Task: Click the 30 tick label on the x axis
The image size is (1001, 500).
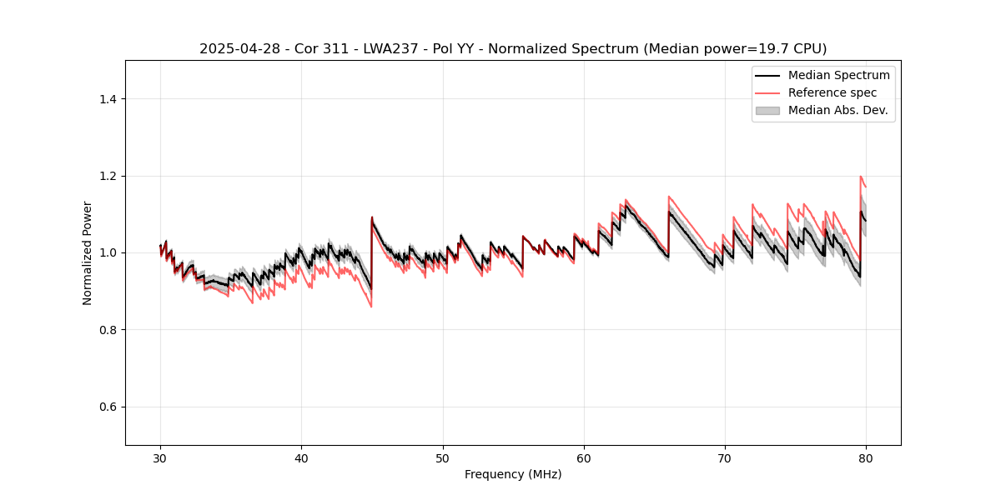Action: tap(161, 457)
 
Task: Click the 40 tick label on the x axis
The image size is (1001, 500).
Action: tap(302, 457)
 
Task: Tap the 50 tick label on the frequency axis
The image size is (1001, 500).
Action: tap(443, 457)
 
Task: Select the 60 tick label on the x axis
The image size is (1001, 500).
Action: tap(584, 457)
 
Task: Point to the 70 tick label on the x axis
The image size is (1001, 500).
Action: tap(725, 457)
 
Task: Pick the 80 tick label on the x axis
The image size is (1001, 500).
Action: tap(866, 457)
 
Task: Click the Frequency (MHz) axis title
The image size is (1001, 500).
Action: tap(513, 474)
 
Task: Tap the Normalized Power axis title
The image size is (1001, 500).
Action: tap(88, 252)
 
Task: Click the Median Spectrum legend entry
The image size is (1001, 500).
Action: tap(838, 75)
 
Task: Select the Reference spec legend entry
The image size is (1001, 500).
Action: tap(832, 92)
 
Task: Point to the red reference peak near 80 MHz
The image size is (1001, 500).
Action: tap(861, 177)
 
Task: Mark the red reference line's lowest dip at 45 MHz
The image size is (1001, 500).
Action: tap(371, 307)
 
